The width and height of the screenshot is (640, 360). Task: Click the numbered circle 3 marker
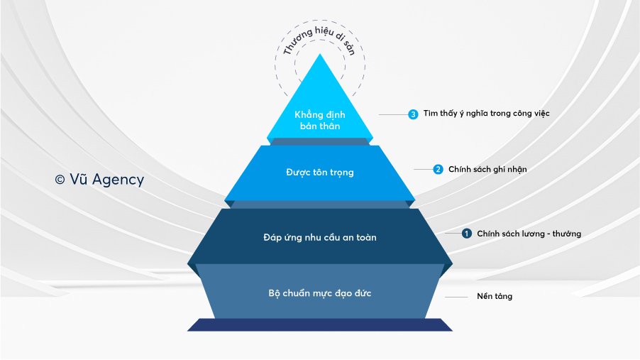click(x=413, y=114)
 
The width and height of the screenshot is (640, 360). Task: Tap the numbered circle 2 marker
click(x=438, y=169)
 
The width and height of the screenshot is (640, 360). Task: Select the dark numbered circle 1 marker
click(x=467, y=234)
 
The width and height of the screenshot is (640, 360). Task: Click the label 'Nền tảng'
click(x=495, y=296)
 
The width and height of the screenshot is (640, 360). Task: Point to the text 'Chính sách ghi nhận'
click(x=487, y=169)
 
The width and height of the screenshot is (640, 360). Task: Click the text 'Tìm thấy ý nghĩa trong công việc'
click(x=486, y=113)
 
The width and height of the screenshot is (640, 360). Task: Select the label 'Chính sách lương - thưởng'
click(x=529, y=234)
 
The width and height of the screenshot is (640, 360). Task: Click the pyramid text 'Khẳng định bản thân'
click(x=320, y=120)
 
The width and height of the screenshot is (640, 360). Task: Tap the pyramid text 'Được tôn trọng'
click(x=320, y=173)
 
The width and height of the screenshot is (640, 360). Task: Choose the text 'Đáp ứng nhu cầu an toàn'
click(x=320, y=237)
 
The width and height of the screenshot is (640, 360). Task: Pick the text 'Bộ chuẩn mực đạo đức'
click(x=320, y=293)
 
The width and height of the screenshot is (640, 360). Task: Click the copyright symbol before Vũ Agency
click(x=60, y=180)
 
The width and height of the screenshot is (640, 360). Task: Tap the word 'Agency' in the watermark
click(x=118, y=180)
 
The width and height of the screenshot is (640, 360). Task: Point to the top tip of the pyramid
click(x=320, y=54)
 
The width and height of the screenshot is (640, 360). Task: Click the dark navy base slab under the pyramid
click(x=320, y=325)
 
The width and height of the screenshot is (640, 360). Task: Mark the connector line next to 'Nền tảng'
click(x=456, y=297)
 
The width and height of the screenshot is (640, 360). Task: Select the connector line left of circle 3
click(x=394, y=115)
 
